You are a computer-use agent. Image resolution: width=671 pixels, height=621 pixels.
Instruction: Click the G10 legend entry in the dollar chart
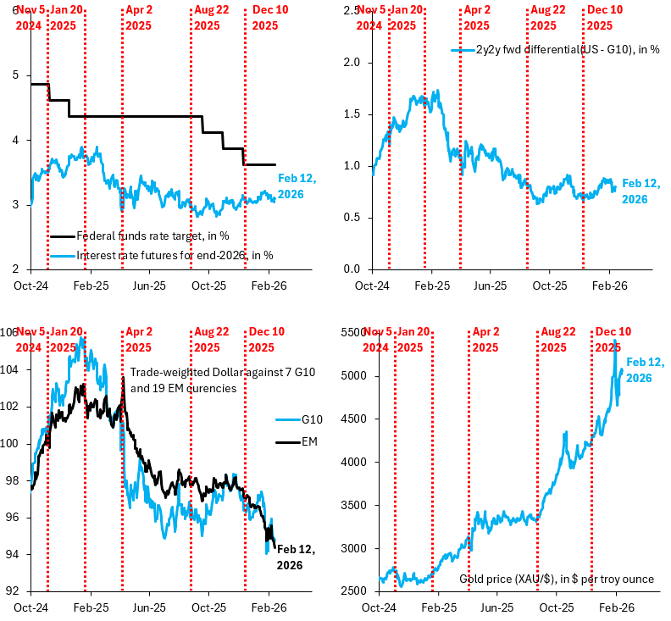[x=312, y=420]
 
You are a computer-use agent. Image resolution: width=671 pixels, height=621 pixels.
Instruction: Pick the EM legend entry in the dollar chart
[x=309, y=442]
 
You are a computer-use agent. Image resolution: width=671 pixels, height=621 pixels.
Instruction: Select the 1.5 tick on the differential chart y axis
[x=351, y=114]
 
